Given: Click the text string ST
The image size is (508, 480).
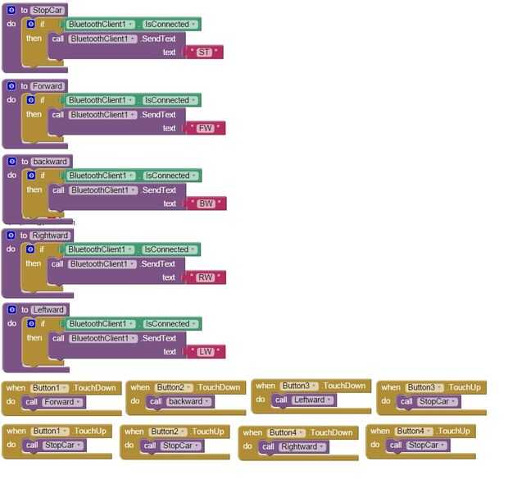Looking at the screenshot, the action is click(x=205, y=53).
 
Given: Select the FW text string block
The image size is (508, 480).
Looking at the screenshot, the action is click(x=205, y=128).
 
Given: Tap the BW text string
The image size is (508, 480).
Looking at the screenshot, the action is click(x=206, y=203).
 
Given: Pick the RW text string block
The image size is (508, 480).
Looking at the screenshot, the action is click(x=205, y=277).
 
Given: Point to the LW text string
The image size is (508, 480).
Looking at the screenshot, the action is click(x=205, y=352).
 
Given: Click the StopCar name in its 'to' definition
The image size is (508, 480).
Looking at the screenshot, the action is click(x=48, y=10).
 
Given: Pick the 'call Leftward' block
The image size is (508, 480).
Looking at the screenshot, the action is click(x=304, y=400).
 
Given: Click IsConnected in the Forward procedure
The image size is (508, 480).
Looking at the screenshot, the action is click(x=169, y=100).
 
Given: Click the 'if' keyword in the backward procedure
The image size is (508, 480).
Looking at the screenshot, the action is click(x=43, y=176).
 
